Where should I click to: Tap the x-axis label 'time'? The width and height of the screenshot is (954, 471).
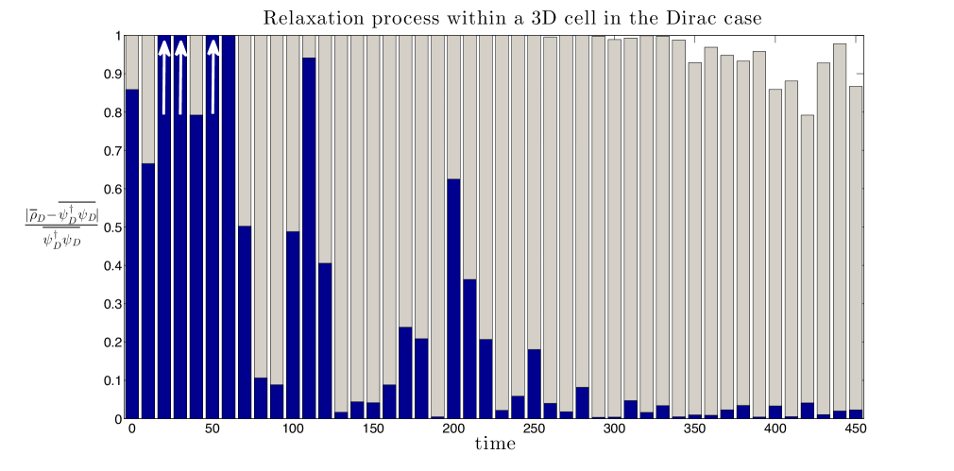click(x=495, y=445)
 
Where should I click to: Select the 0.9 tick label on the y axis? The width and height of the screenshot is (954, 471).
click(x=112, y=75)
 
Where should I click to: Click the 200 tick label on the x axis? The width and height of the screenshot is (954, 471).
click(x=453, y=429)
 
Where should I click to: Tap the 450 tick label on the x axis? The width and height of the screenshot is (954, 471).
click(x=856, y=429)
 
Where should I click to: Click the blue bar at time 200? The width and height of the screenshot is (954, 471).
click(x=453, y=299)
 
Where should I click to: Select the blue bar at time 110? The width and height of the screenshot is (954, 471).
click(x=309, y=238)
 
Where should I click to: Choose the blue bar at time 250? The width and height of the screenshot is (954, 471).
click(x=535, y=384)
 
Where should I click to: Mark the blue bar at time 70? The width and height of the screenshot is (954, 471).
click(x=245, y=322)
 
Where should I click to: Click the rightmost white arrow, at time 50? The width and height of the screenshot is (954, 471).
click(x=213, y=76)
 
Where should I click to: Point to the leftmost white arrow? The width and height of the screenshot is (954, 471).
click(x=164, y=76)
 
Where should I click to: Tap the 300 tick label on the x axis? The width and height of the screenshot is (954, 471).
click(x=615, y=429)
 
